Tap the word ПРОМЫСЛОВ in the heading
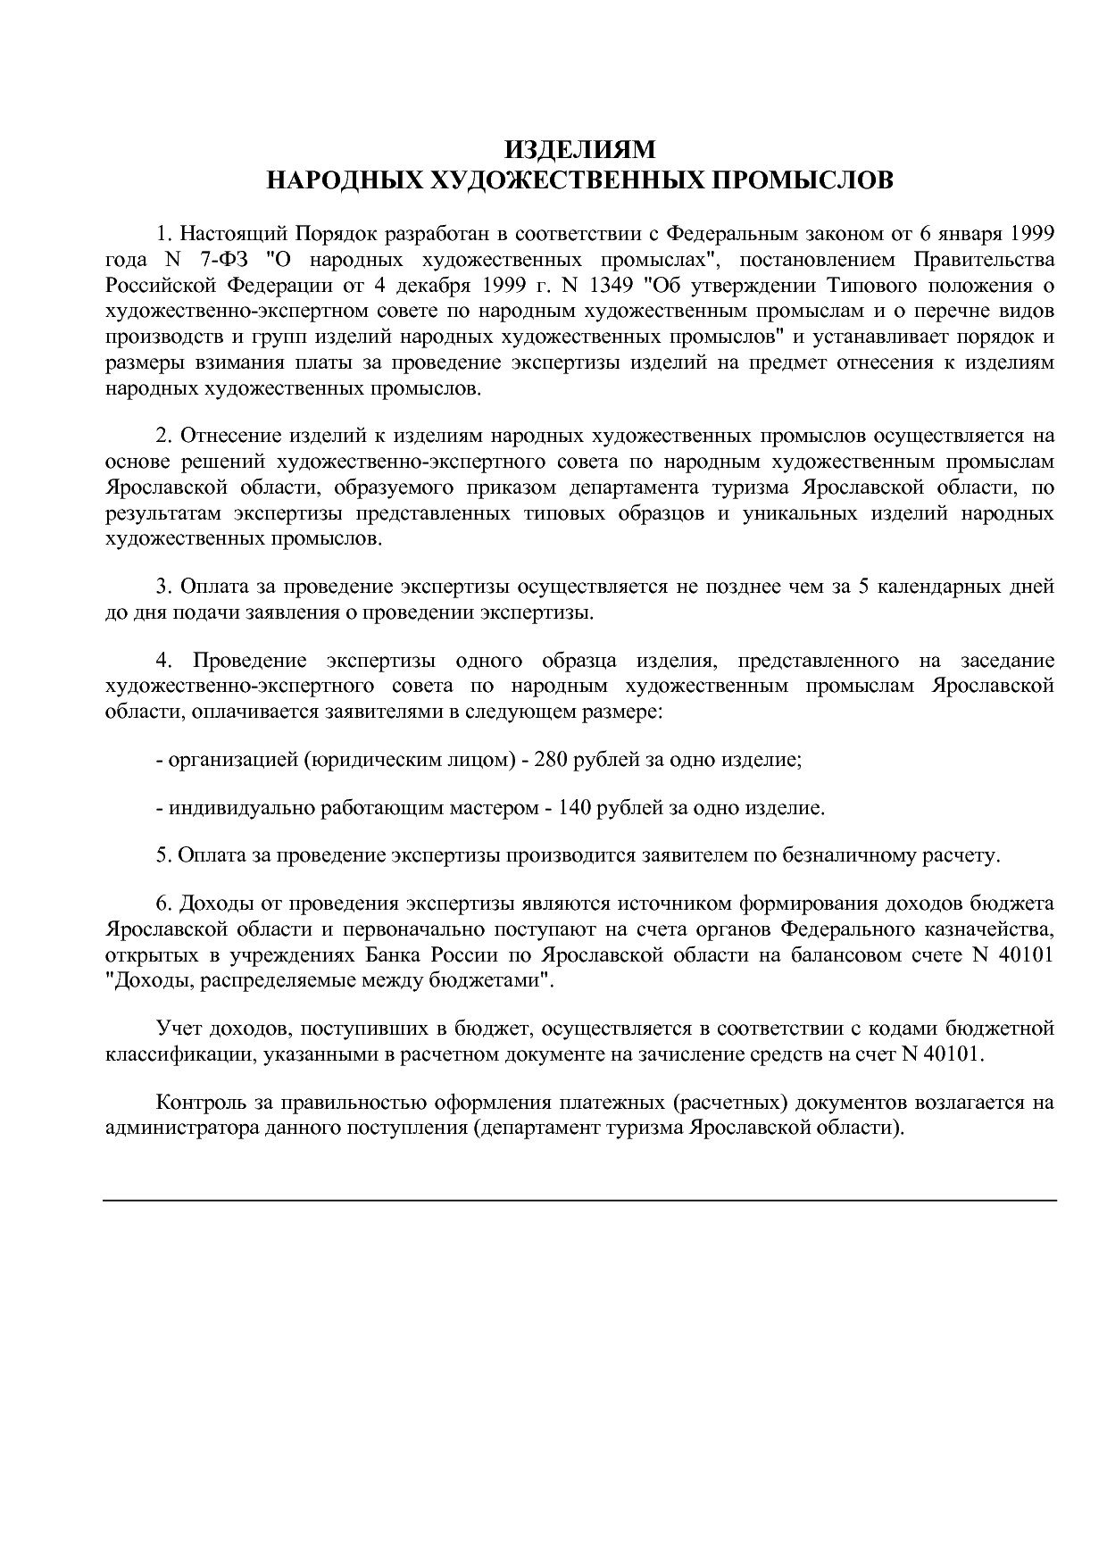pos(806,180)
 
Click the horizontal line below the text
pos(580,1200)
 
